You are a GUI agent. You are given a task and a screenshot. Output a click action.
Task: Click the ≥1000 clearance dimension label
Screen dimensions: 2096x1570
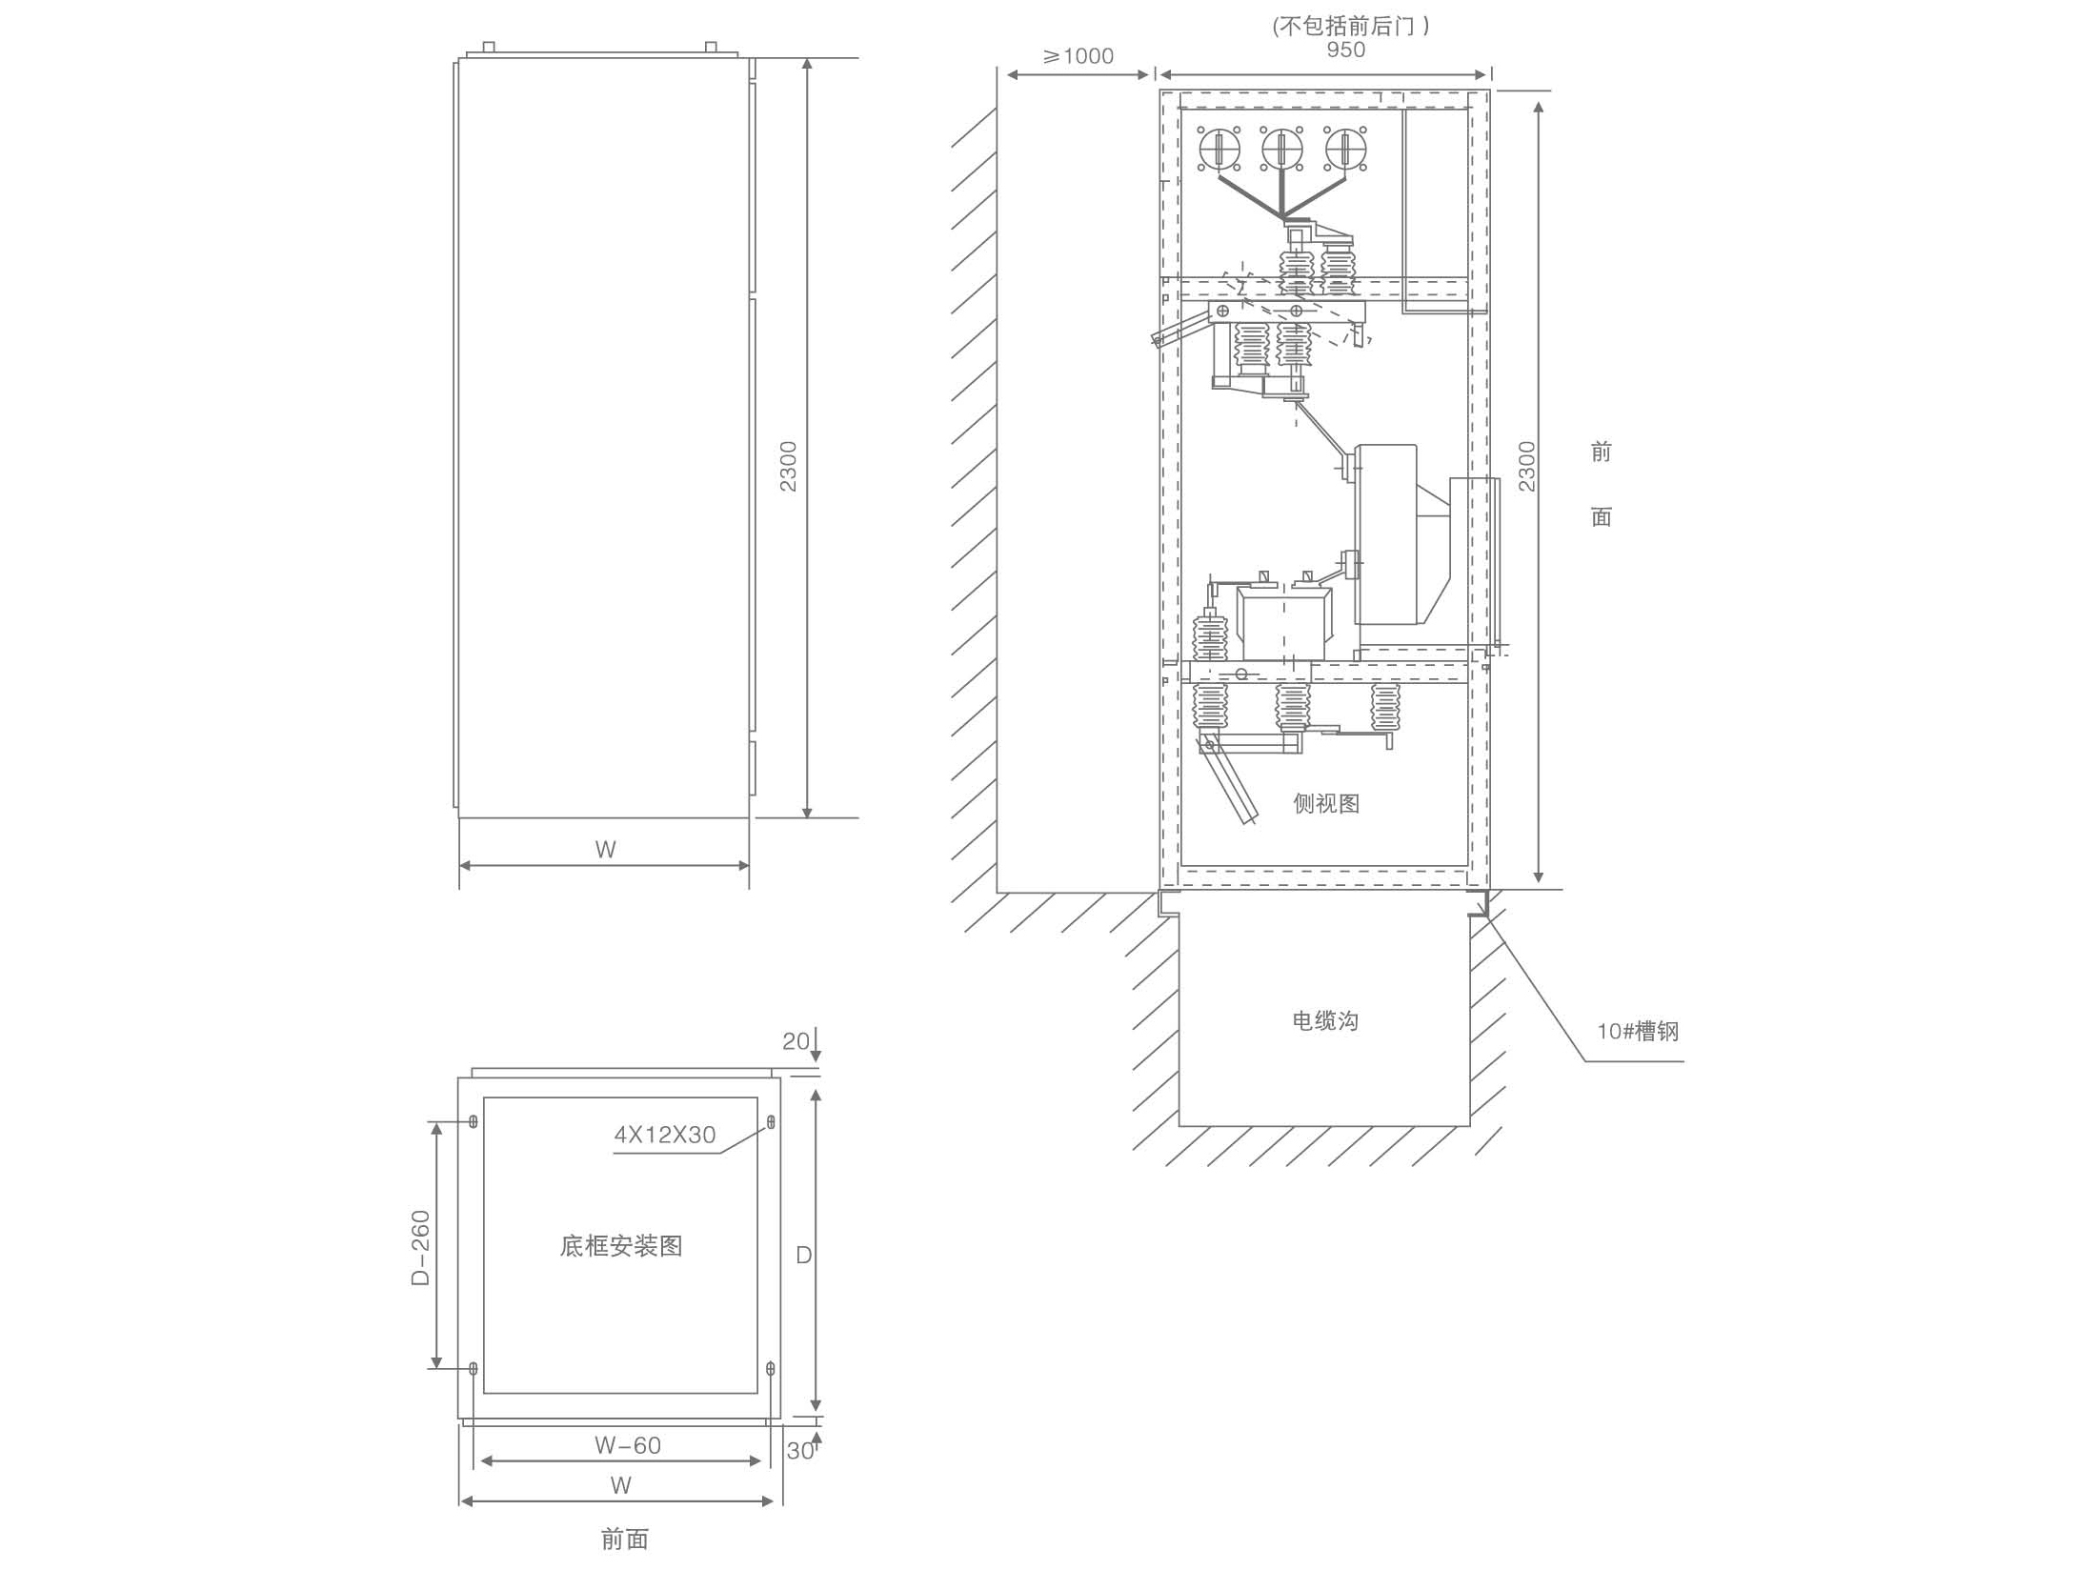pyautogui.click(x=1078, y=56)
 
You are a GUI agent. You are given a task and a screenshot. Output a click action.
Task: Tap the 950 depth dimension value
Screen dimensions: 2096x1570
pyautogui.click(x=1346, y=50)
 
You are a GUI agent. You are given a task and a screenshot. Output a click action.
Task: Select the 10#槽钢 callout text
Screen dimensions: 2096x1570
pyautogui.click(x=1638, y=1032)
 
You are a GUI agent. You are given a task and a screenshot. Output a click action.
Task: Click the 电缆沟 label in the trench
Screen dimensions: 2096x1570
pyautogui.click(x=1324, y=1021)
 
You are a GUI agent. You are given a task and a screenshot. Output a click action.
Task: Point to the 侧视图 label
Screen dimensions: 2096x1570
pyautogui.click(x=1325, y=804)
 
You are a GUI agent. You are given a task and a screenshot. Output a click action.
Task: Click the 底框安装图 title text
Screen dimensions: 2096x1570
pyautogui.click(x=621, y=1246)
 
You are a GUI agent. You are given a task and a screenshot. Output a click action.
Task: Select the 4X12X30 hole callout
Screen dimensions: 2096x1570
pyautogui.click(x=664, y=1135)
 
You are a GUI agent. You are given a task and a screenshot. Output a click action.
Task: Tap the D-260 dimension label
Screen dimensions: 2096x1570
pyautogui.click(x=420, y=1247)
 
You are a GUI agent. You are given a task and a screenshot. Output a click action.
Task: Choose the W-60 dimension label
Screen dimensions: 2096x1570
pyautogui.click(x=628, y=1445)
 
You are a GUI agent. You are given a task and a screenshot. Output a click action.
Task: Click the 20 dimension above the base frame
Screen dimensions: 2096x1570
pyautogui.click(x=796, y=1041)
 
